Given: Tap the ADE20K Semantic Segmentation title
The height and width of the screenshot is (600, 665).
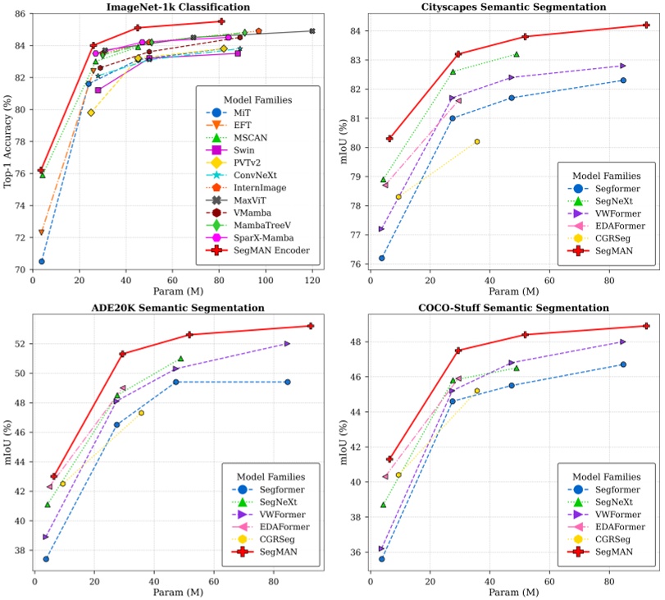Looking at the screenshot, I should [171, 308].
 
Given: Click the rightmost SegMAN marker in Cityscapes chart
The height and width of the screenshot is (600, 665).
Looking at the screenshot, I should [646, 25].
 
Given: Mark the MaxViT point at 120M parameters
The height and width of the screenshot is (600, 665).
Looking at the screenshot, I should [312, 31].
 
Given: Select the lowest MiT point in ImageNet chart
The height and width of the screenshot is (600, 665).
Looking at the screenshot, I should [42, 261].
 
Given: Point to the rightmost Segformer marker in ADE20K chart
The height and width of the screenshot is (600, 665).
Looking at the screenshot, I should [288, 382].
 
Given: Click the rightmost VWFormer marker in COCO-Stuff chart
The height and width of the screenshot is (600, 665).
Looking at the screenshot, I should [623, 341].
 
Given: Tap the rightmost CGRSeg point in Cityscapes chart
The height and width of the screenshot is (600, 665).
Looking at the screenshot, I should [477, 141].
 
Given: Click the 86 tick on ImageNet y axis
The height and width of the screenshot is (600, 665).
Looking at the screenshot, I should [21, 15].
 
